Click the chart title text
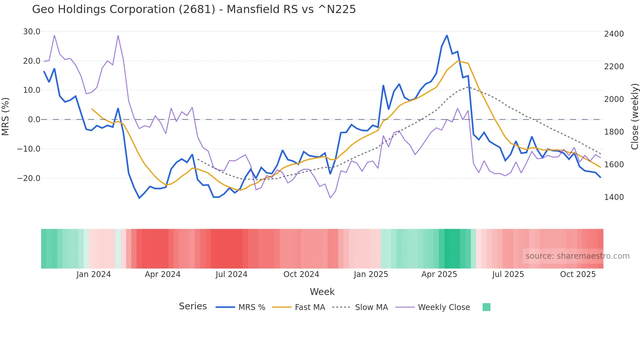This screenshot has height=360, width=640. [194, 9]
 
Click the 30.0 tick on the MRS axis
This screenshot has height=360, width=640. [32, 32]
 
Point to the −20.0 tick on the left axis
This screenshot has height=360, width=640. [29, 178]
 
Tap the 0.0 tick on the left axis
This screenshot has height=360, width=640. [34, 120]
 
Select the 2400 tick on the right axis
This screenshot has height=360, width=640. [614, 34]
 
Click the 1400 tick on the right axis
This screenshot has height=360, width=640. [614, 197]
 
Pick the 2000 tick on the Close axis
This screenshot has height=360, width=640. [614, 99]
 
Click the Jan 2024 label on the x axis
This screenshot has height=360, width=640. [94, 274]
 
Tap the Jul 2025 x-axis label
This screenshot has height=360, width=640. [508, 274]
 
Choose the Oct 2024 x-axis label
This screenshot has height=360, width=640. [301, 274]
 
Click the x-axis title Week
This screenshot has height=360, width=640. [322, 292]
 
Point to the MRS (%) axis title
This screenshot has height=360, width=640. [6, 116]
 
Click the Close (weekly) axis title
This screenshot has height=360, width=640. [634, 116]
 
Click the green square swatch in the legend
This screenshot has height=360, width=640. [486, 307]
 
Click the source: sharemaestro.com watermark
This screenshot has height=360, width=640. [577, 256]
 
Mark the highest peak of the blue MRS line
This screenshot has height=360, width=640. [447, 35]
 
